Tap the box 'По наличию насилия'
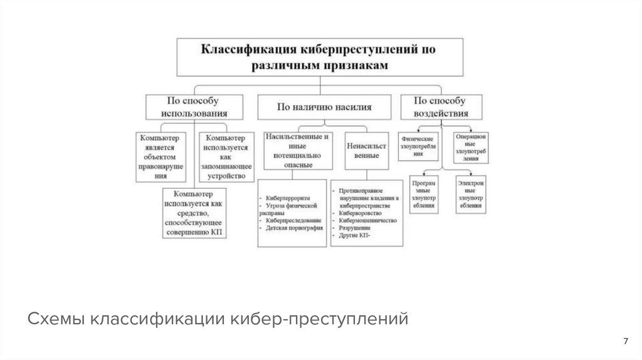pyautogui.click(x=324, y=107)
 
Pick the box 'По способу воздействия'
pyautogui.click(x=441, y=107)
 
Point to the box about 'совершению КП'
pyautogui.click(x=194, y=213)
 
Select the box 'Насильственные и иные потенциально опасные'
pyautogui.click(x=298, y=151)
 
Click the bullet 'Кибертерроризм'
pyautogui.click(x=288, y=197)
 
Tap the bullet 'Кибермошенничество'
pyautogui.click(x=368, y=221)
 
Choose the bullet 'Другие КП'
pyautogui.click(x=354, y=236)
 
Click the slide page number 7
pyautogui.click(x=625, y=341)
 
